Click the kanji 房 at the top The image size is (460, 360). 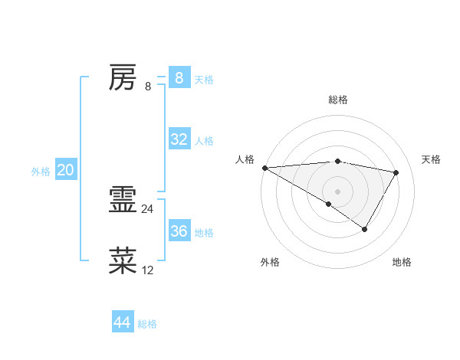coord(123,77)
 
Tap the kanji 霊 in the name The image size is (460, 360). coord(123,201)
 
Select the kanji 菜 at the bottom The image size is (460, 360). coord(123,261)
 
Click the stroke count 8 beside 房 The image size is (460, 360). coord(148,86)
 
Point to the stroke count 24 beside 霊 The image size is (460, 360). coord(147,208)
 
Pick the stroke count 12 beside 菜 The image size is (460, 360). coord(147,270)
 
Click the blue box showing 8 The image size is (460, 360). coord(179,77)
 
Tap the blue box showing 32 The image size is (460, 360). coord(179,139)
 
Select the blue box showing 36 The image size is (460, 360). coord(179,231)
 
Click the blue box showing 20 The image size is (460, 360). coord(65,170)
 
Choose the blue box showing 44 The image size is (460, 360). coord(122,322)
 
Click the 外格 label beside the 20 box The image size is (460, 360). coord(41,172)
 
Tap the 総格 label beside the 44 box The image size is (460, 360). coord(147,324)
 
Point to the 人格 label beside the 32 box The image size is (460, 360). coord(204,141)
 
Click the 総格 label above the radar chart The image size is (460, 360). coord(337,100)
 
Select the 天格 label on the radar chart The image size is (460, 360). coord(431,159)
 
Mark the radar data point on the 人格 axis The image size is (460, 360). coord(264,168)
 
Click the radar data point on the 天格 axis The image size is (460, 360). coord(396,172)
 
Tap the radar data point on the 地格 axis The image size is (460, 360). coord(365,229)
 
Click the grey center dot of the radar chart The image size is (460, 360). coord(337,191)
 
